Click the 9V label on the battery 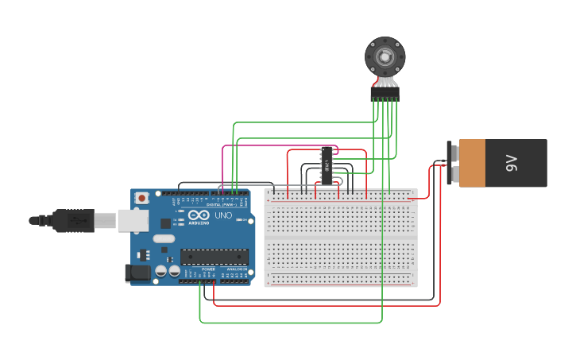(512, 164)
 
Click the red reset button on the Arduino (141, 198)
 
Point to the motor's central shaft (385, 56)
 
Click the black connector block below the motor (385, 94)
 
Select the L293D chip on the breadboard (327, 165)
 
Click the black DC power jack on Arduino (137, 273)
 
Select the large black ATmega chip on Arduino (214, 257)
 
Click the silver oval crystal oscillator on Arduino (163, 238)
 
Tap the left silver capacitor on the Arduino (161, 271)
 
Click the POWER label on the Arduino (208, 269)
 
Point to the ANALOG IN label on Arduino (237, 269)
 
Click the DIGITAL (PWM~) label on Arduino (218, 204)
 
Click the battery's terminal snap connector (453, 164)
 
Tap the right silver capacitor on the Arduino (174, 271)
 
